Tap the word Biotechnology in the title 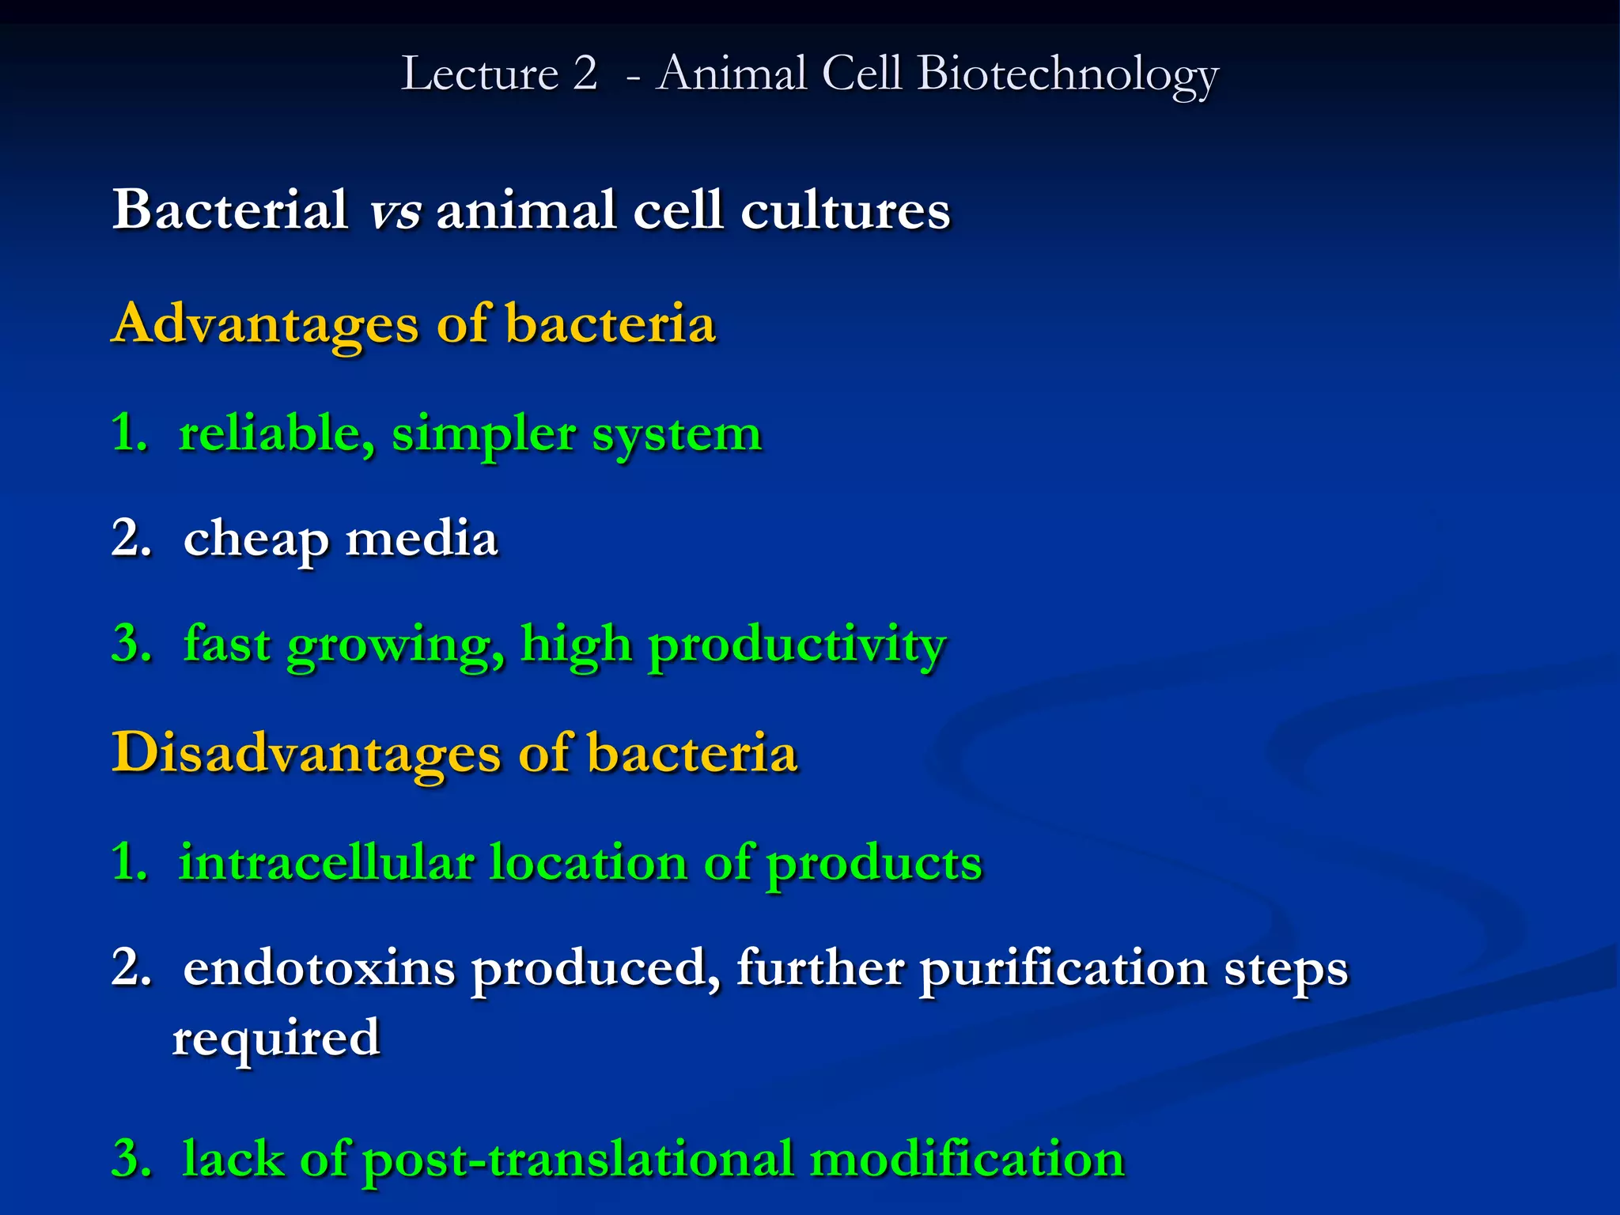coord(1068,75)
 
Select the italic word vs coord(395,211)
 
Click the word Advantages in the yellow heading coord(265,325)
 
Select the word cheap coord(255,540)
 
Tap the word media coord(422,539)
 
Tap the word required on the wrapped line coord(276,1039)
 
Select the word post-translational coord(577,1160)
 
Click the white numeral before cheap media coord(130,539)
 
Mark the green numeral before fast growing coord(130,644)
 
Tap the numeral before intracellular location coord(128,861)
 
